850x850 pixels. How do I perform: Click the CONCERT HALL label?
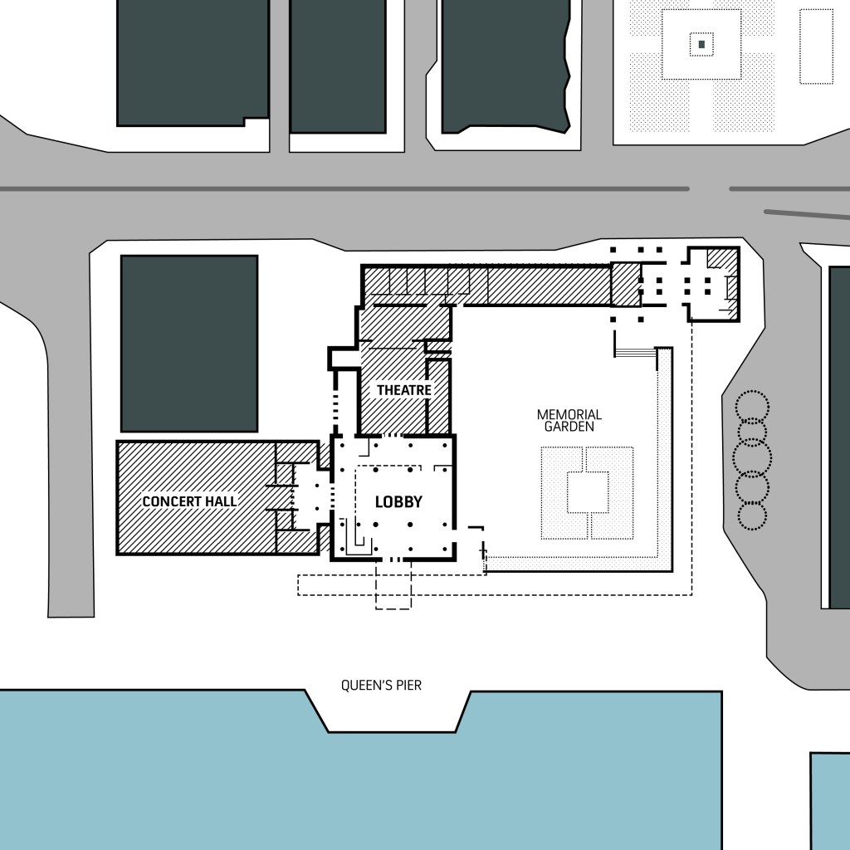tap(190, 501)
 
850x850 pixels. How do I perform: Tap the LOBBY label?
tap(398, 502)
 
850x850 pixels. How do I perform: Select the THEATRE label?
tap(404, 390)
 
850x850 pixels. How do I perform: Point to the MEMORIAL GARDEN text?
tap(569, 421)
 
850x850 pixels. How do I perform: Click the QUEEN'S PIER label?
tap(381, 685)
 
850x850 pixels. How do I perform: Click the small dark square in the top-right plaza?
tap(701, 45)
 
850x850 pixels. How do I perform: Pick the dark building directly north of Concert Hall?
tap(189, 344)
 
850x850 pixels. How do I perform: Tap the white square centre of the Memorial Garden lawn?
tap(589, 492)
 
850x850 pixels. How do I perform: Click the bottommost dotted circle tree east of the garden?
tap(750, 515)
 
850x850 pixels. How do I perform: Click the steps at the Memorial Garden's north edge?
tap(635, 352)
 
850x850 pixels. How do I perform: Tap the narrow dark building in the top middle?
tap(339, 66)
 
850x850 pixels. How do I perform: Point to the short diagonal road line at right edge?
tap(807, 215)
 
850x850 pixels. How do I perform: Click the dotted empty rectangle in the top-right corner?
tap(817, 46)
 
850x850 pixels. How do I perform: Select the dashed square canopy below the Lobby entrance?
tap(393, 584)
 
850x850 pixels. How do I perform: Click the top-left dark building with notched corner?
tap(193, 63)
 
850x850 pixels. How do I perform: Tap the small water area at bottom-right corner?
tap(830, 801)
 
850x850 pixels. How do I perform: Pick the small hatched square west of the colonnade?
tap(626, 284)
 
